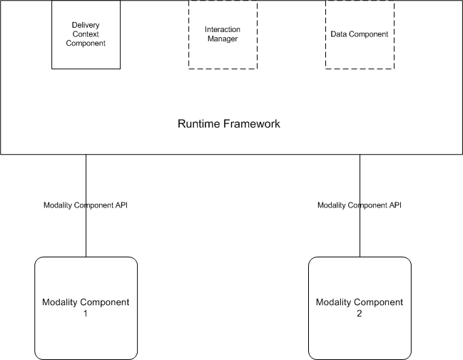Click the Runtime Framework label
[x=228, y=124]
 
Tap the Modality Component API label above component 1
[x=86, y=205]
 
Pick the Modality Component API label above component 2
[x=360, y=205]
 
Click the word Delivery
[x=86, y=25]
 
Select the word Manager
[x=223, y=38]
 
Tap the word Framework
[x=249, y=124]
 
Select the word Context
[x=86, y=34]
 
